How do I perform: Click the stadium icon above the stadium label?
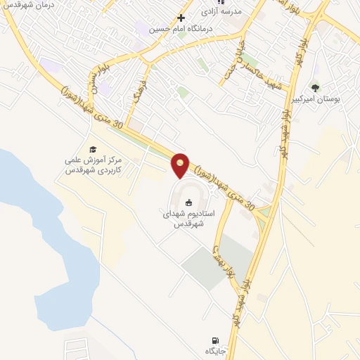click(x=188, y=203)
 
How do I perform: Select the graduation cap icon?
click(x=91, y=149)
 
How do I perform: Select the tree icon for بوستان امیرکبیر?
click(x=314, y=88)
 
